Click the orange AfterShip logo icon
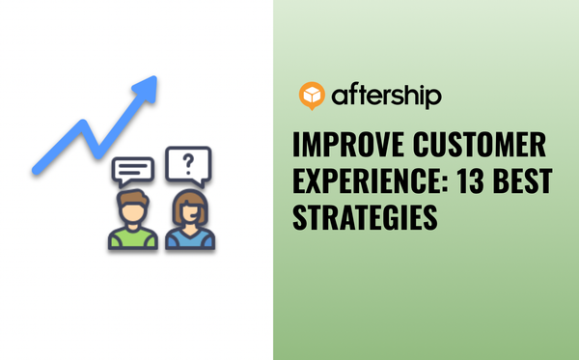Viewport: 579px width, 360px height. pos(313,96)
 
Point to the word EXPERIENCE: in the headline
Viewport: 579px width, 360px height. pos(372,183)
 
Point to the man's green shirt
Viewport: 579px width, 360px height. pos(133,237)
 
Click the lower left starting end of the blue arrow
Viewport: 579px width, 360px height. pos(36,171)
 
